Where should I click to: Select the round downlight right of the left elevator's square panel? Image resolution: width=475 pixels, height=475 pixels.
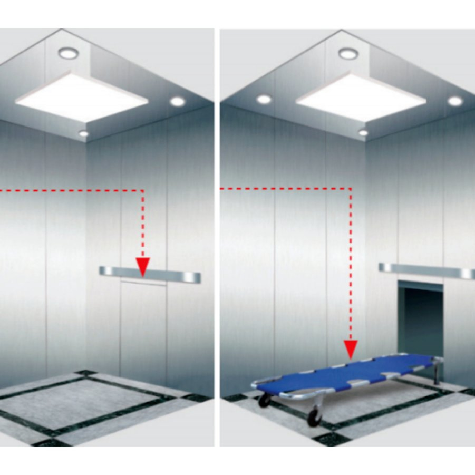pos(178,101)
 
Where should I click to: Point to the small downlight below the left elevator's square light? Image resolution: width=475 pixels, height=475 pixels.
pos(84,133)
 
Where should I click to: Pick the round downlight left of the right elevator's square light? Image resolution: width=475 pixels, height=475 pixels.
pos(264,99)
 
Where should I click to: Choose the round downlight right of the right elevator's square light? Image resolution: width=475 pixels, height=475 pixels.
pos(455,101)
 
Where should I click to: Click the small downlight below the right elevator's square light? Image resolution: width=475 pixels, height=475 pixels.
pos(363,132)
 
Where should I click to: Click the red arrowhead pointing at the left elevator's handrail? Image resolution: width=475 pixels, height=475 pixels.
pos(142,265)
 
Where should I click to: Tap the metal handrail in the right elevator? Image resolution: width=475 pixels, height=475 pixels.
pos(427,270)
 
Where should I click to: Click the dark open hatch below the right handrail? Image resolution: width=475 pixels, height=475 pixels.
pos(420,316)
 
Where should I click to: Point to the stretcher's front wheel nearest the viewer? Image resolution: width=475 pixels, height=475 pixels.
pos(314,417)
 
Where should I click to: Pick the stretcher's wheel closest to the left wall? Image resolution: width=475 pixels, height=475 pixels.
pos(264,400)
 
